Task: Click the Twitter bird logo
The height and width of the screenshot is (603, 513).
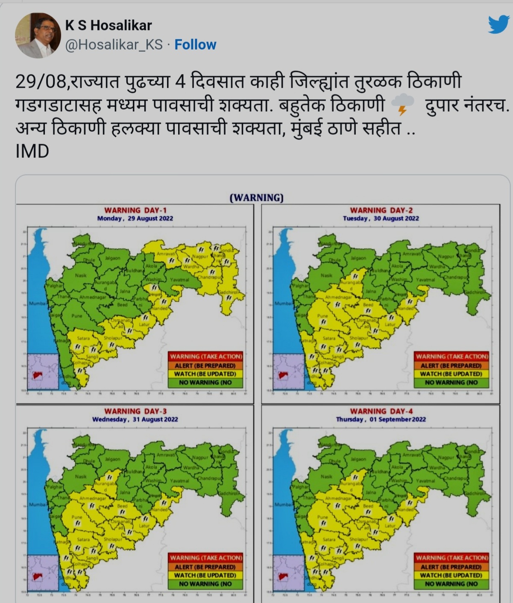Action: (x=498, y=25)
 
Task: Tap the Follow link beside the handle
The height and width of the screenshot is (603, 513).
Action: (x=195, y=44)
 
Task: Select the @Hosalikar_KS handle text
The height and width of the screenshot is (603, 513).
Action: (x=114, y=44)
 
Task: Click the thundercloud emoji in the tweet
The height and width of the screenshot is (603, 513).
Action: (x=402, y=105)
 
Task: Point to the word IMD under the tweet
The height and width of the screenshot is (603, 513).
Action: (x=32, y=151)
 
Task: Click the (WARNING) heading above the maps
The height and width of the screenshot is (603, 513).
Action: (x=256, y=198)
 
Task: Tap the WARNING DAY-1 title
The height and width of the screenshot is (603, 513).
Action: (x=135, y=210)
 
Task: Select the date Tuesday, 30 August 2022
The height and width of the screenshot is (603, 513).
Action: (x=381, y=218)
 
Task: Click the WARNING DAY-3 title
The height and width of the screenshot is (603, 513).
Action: (x=135, y=411)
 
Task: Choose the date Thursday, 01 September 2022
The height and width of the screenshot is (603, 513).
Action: (x=381, y=419)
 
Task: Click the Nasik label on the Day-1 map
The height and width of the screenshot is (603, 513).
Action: (x=81, y=275)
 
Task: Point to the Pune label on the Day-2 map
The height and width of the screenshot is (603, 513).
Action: (x=322, y=316)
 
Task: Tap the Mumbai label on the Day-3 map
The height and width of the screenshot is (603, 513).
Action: (x=37, y=505)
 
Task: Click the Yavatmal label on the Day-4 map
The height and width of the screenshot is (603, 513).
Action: (x=425, y=481)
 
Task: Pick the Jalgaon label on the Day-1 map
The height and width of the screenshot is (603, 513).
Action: (x=112, y=258)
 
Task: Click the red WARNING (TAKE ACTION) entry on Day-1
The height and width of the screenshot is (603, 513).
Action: (x=206, y=356)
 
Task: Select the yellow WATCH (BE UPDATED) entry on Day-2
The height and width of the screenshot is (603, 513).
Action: (x=451, y=374)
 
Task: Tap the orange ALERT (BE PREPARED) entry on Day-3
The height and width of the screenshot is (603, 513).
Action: (x=206, y=567)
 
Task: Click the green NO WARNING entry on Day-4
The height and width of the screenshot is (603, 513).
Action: (x=451, y=584)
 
